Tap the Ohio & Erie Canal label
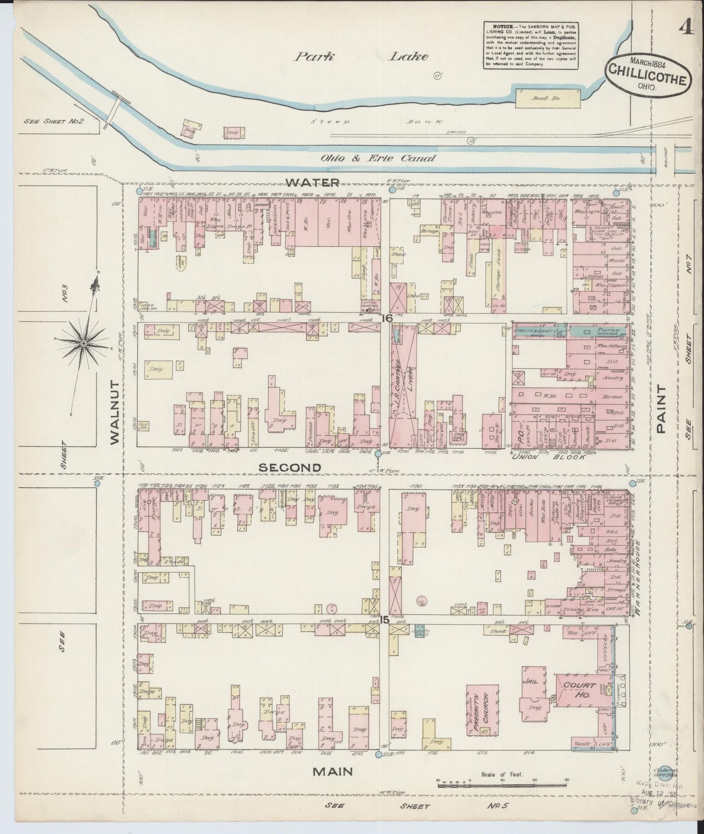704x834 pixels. [378, 158]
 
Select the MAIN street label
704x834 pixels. [333, 771]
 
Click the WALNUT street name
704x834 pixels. [114, 412]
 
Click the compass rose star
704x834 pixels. [83, 344]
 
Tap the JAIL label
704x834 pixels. [530, 681]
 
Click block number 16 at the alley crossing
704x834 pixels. [387, 318]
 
